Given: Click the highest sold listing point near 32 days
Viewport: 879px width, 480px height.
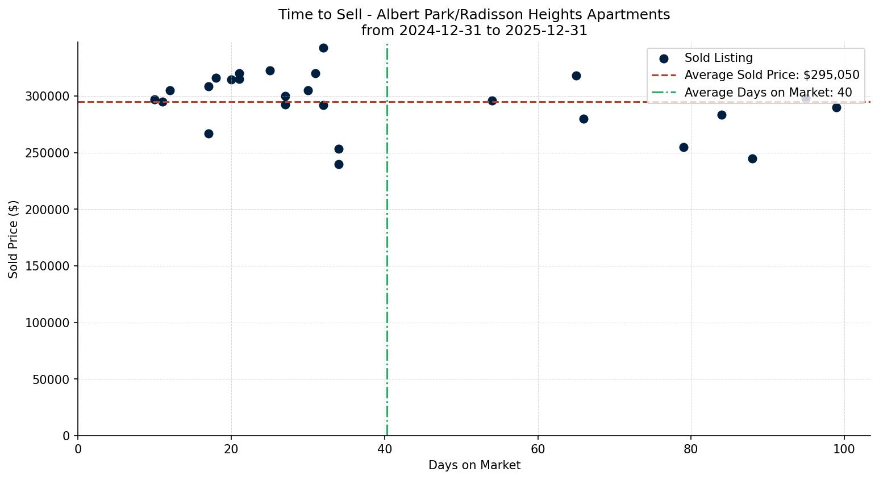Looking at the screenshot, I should (x=323, y=48).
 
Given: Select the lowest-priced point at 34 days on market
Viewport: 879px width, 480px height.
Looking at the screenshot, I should (x=339, y=164).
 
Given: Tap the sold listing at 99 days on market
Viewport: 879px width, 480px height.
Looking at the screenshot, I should (x=836, y=107).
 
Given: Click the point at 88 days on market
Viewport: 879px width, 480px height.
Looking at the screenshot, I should (x=752, y=158).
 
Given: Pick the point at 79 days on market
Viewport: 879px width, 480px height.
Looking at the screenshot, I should (x=684, y=147).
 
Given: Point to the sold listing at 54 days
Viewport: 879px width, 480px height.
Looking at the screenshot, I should (x=492, y=101).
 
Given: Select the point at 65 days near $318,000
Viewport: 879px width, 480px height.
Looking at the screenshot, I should (x=576, y=76).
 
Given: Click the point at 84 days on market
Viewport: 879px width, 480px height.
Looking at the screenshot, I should (x=722, y=115).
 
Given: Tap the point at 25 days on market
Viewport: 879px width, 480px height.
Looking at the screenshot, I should (x=270, y=70).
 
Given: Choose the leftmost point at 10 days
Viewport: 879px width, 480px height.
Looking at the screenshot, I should (x=155, y=99).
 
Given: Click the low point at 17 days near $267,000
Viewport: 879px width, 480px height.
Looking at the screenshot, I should (x=209, y=133).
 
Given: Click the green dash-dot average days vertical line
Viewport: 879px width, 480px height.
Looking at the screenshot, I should (x=387, y=256).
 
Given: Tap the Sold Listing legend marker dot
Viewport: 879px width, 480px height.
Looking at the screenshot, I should (x=664, y=58).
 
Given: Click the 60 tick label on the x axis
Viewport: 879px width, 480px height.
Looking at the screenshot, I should (x=538, y=449).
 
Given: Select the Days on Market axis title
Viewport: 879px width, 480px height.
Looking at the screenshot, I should (x=474, y=465).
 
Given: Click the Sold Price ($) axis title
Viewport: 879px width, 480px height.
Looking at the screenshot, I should (x=13, y=239).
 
